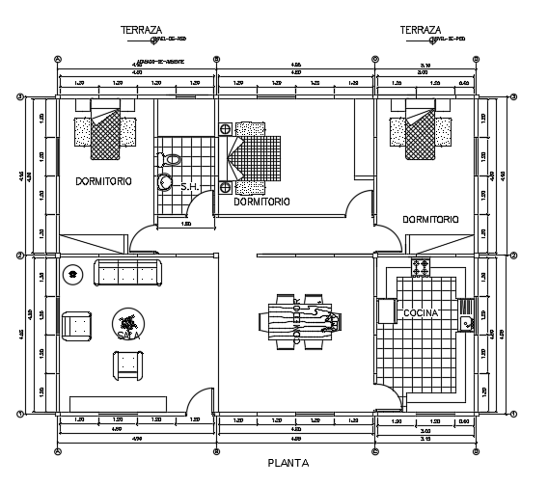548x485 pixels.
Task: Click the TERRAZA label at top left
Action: [141, 30]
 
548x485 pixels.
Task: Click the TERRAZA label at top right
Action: [420, 30]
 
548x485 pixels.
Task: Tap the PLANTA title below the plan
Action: [288, 463]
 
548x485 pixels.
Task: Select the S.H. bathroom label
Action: [189, 188]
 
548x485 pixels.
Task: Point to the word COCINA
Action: [421, 313]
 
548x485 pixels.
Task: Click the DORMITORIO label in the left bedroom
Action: [107, 181]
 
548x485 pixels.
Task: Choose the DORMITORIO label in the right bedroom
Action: [430, 219]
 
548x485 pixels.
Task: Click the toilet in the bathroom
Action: [173, 159]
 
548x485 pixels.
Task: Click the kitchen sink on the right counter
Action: [466, 323]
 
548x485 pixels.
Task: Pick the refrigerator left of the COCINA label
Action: [386, 310]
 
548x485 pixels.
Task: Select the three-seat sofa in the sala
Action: [129, 273]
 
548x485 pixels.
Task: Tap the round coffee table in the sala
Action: [126, 321]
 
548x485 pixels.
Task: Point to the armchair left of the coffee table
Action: [76, 326]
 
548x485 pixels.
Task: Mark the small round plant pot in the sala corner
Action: [72, 274]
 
